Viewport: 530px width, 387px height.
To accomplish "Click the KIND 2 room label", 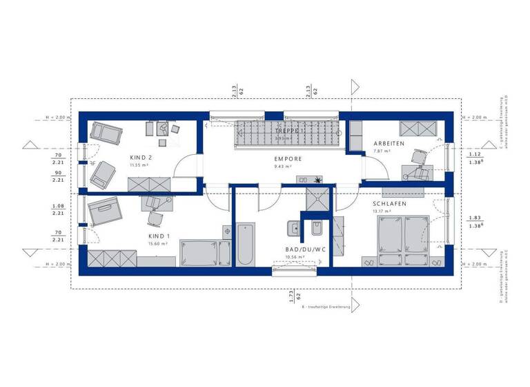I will click(x=141, y=158).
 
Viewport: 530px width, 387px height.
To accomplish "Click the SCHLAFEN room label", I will click(x=390, y=205).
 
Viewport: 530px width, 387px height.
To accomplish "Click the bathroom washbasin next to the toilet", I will click(x=292, y=227).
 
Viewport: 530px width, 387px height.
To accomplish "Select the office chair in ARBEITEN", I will click(x=416, y=158).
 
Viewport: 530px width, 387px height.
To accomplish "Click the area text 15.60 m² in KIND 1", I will click(x=158, y=243).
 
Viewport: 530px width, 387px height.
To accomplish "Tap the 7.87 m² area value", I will click(x=379, y=151).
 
